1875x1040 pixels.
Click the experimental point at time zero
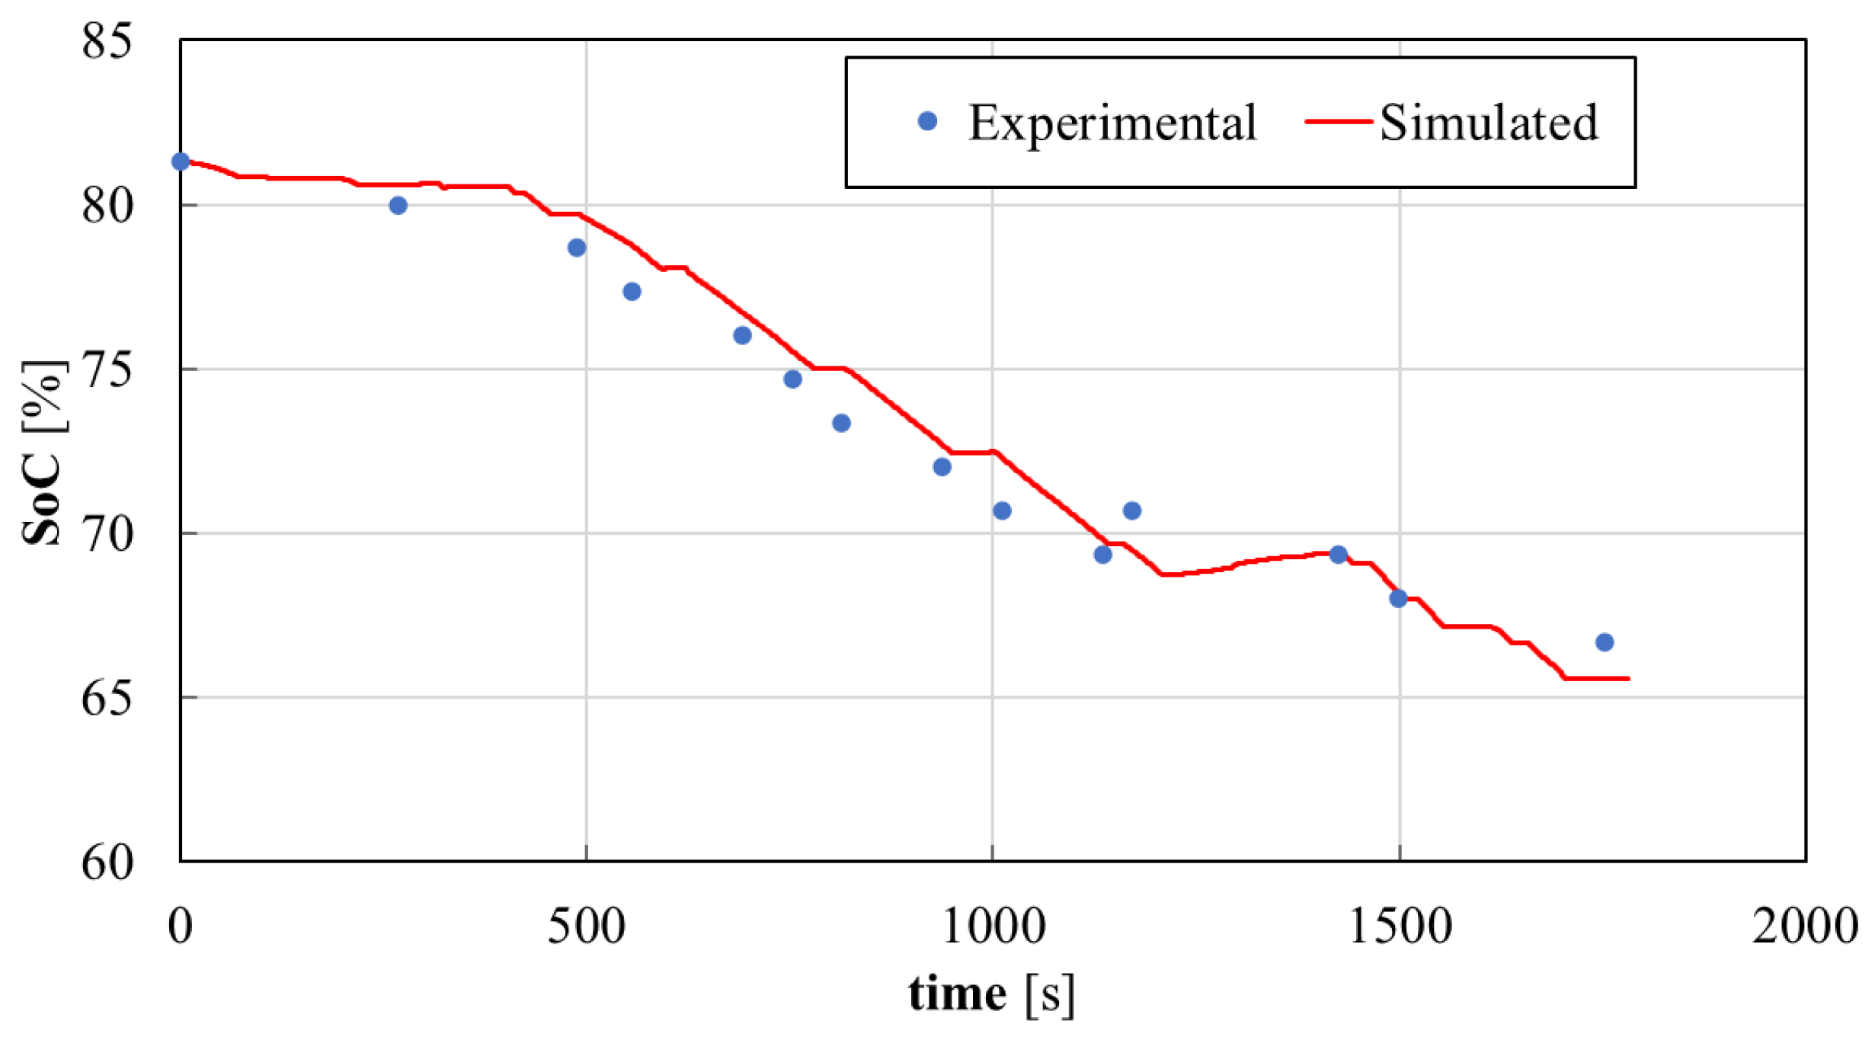[181, 162]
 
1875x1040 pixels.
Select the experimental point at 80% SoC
[398, 206]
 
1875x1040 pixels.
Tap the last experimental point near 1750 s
[1605, 642]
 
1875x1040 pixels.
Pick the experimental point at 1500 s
[1398, 599]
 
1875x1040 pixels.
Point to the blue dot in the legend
[927, 121]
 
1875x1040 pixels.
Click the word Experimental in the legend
[1112, 123]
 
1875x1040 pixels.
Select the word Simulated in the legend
[1489, 123]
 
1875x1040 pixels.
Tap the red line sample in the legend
[1339, 122]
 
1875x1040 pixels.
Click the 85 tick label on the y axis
[107, 40]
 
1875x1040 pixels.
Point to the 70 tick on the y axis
[107, 534]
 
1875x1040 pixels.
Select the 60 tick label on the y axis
[107, 862]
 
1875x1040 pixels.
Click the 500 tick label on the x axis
[586, 927]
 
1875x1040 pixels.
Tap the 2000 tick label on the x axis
[1804, 927]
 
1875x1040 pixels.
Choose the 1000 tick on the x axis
[993, 927]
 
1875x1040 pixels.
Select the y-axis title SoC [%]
[43, 453]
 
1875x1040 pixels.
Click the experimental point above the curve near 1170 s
[1132, 510]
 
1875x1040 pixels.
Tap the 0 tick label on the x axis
[181, 927]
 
